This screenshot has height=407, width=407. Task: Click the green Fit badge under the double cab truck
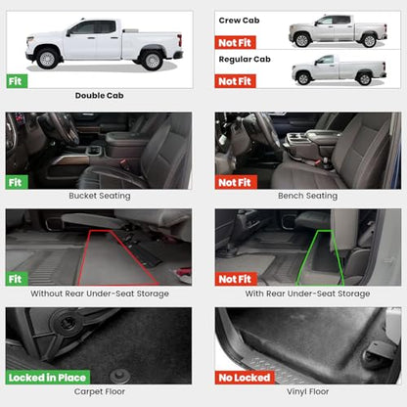(x=17, y=81)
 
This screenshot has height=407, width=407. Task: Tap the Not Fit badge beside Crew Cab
(x=235, y=43)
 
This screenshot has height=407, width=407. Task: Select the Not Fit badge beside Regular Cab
(x=235, y=81)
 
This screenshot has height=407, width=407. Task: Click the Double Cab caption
(x=100, y=96)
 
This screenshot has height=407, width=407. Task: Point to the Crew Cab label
(x=239, y=21)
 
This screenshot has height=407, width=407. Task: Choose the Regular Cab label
(x=245, y=60)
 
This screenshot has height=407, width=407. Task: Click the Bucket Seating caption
(x=100, y=196)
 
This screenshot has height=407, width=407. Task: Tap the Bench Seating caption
(x=307, y=196)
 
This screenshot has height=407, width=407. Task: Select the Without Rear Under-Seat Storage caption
(x=100, y=294)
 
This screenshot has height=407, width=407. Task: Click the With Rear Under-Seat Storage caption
(x=307, y=294)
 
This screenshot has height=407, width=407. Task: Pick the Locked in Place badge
(x=48, y=378)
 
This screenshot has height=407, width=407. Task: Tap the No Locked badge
(x=245, y=378)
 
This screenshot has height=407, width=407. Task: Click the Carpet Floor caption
(x=100, y=391)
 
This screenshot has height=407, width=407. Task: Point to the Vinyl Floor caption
(x=307, y=391)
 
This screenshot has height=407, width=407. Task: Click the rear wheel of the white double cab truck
(x=153, y=61)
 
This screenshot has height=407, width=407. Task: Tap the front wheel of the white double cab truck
(x=48, y=59)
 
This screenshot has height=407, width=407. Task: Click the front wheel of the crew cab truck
(x=302, y=40)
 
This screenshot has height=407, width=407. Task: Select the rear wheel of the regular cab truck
(x=364, y=78)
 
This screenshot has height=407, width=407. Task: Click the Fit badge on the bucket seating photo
(x=17, y=182)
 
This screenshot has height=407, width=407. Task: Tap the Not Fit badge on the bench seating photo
(x=236, y=182)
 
